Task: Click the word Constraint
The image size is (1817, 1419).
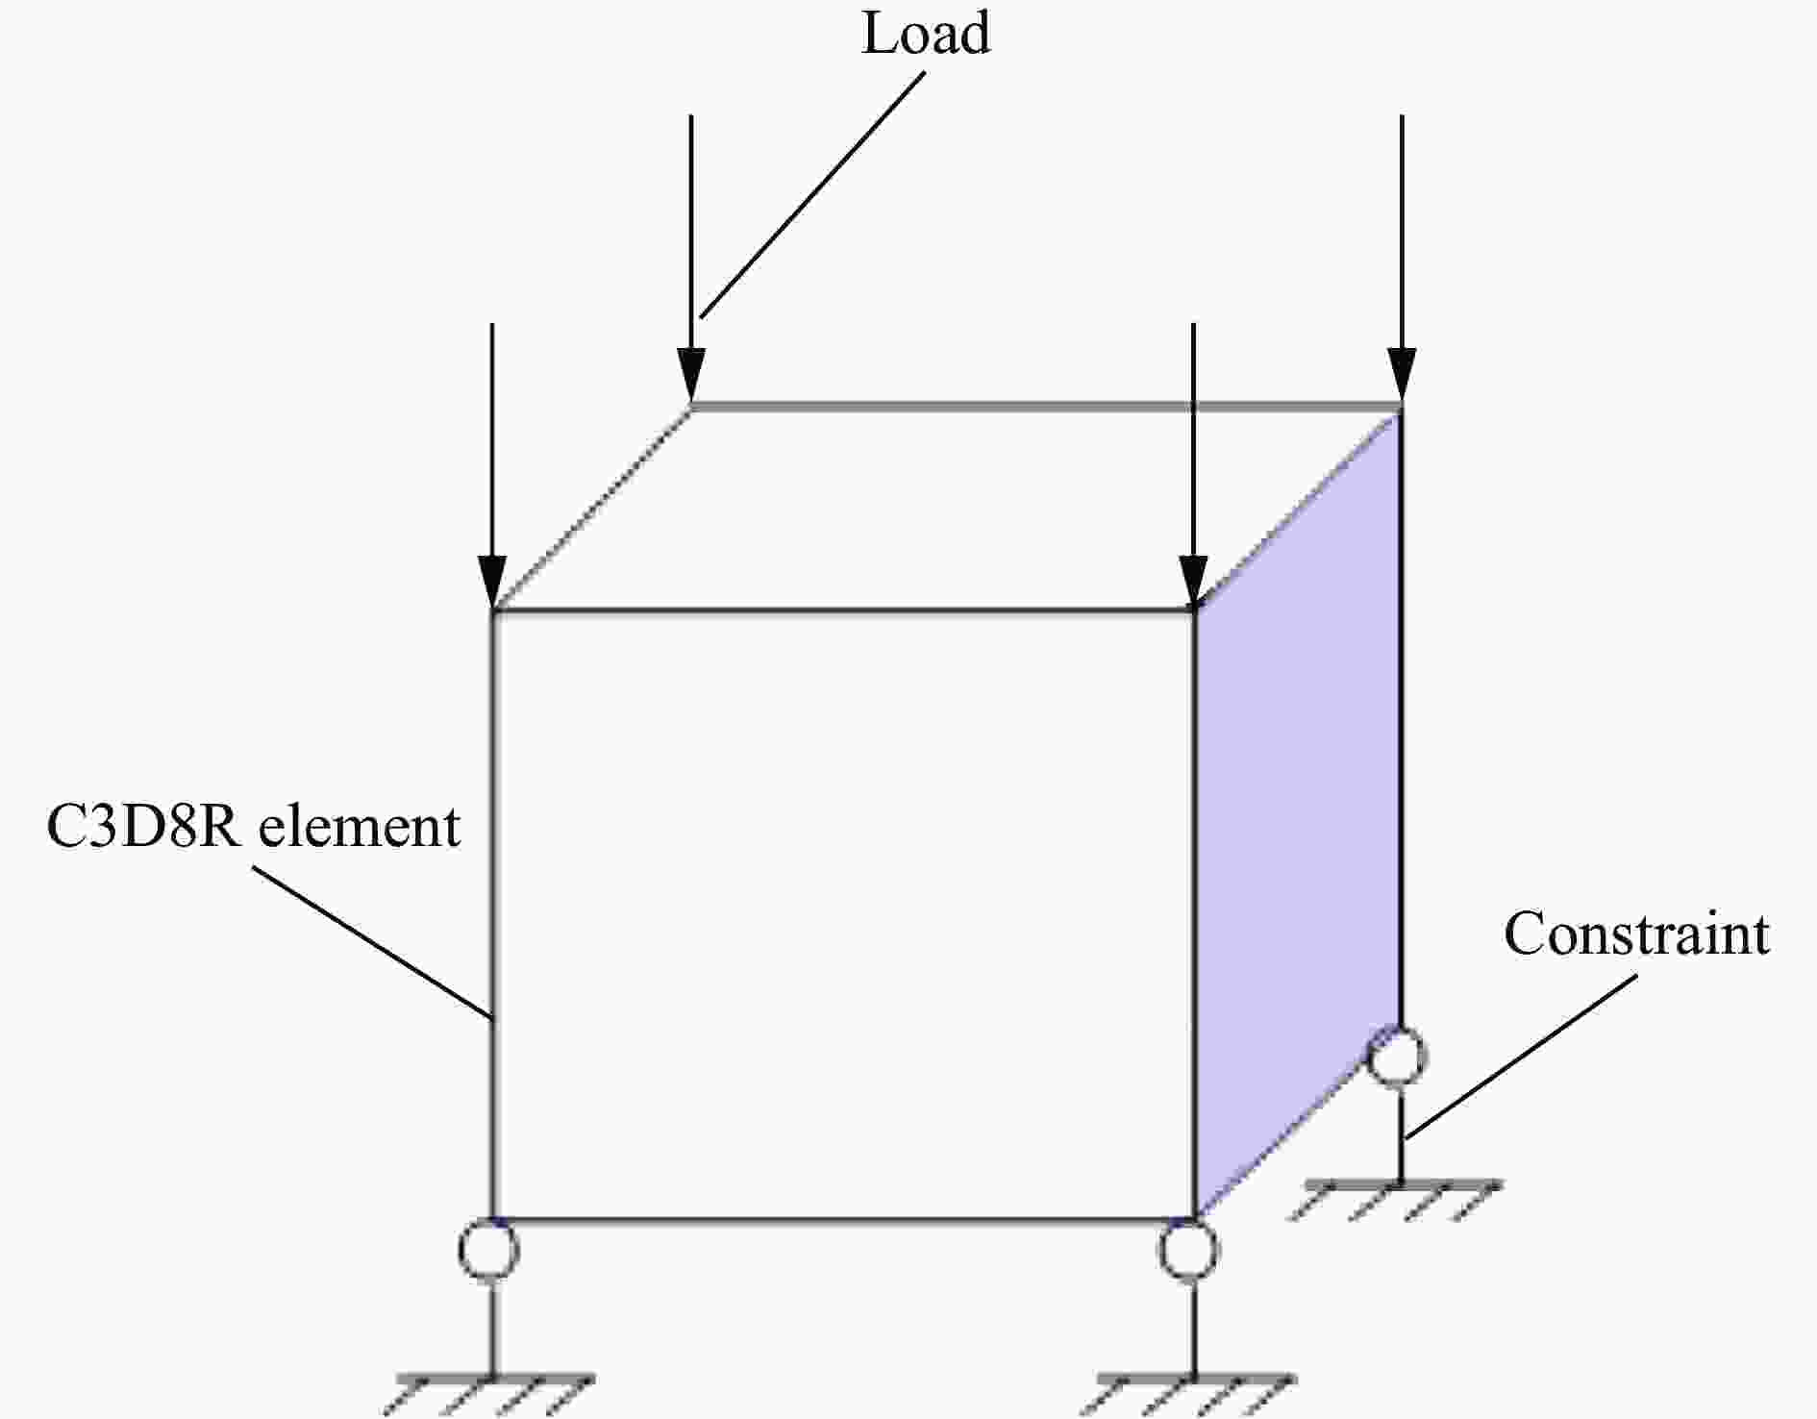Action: (x=1636, y=934)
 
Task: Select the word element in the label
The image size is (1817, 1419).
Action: (x=359, y=827)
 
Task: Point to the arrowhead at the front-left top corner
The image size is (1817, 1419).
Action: (x=492, y=582)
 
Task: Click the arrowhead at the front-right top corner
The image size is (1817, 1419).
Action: (x=1193, y=582)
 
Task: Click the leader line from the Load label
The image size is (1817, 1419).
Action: (x=811, y=194)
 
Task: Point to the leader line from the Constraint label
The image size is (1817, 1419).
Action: (x=1522, y=1058)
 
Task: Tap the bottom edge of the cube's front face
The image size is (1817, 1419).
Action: (x=843, y=1220)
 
